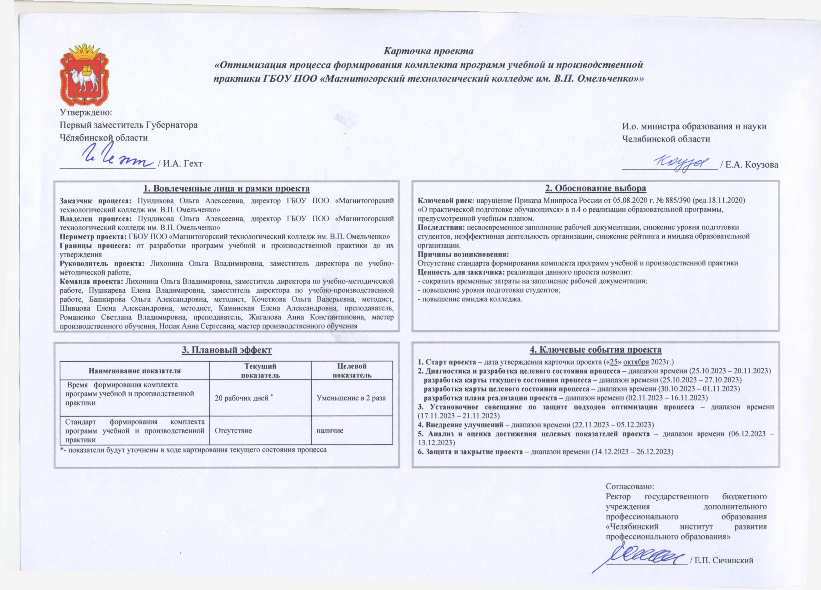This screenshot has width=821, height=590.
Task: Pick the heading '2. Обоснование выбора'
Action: coord(595,188)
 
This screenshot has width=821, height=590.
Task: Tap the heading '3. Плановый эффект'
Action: coord(227,350)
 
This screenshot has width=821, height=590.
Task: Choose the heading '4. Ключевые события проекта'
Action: coord(595,350)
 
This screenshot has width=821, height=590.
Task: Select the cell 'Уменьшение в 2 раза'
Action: coord(351,398)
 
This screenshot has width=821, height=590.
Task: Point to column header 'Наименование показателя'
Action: coord(135,371)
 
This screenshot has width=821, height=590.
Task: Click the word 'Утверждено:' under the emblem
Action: coord(86,112)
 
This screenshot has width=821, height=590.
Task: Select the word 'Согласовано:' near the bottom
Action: coord(630,486)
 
